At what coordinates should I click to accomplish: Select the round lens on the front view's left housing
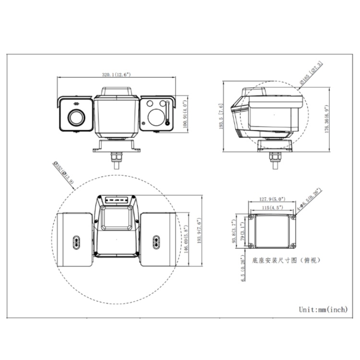pos(76,117)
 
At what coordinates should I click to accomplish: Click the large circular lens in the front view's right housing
pos(156,116)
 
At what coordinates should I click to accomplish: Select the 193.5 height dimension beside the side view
pos(221,117)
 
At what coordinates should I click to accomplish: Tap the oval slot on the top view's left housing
pos(76,241)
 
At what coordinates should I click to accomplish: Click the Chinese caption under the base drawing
pos(283,260)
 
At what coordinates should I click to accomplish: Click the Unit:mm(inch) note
pos(323,310)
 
